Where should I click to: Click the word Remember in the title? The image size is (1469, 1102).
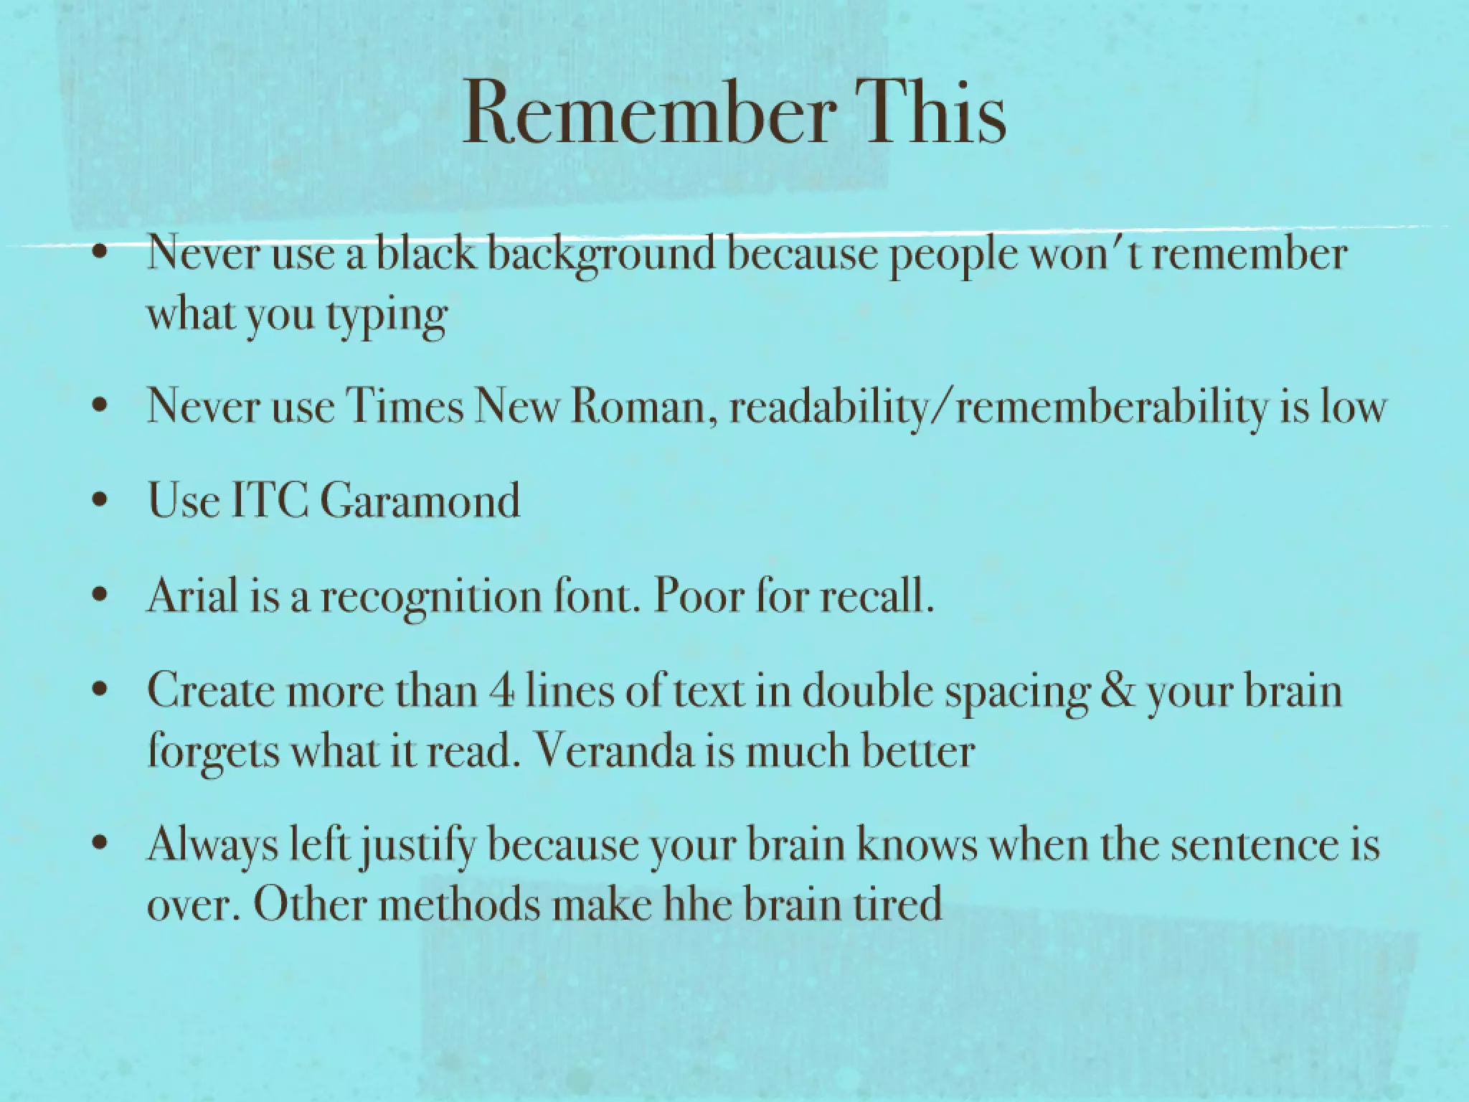point(649,113)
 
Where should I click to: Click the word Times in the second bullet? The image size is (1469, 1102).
point(405,406)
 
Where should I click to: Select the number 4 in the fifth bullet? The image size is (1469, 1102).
point(501,691)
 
